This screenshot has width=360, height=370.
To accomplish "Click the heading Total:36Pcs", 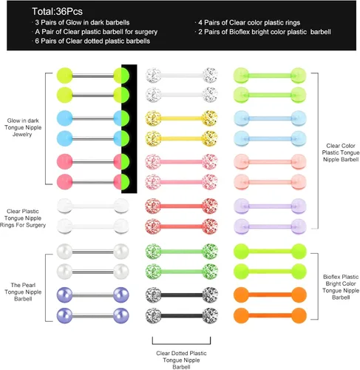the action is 57,11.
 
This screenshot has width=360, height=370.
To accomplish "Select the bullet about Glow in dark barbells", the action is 81,22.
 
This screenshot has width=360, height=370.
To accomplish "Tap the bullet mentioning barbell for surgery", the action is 95,32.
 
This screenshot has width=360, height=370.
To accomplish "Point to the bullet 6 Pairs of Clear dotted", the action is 91,41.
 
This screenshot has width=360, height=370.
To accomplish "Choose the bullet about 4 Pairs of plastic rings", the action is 248,23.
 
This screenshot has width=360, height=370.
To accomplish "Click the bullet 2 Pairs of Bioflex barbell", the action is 263,32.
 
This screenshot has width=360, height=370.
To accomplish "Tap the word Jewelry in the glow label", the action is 22,135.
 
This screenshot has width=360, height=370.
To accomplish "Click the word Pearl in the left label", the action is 29,285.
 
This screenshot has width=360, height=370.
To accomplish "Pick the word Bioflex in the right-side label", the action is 332,277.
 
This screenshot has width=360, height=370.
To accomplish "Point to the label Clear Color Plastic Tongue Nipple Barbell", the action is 341,152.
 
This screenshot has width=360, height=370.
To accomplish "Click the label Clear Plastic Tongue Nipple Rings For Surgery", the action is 23,218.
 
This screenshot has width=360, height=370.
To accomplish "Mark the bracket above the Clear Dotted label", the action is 181,344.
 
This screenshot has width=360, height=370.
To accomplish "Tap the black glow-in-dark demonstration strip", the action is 129,129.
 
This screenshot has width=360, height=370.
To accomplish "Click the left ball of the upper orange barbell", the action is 241,295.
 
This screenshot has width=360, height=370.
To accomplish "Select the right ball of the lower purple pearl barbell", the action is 121,315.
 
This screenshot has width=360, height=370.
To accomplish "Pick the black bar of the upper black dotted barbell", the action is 181,295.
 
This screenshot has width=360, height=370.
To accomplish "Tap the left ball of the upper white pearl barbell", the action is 64,252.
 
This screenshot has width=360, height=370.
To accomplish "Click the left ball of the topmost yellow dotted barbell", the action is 153,118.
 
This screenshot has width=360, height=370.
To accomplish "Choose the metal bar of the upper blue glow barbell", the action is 93,118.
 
